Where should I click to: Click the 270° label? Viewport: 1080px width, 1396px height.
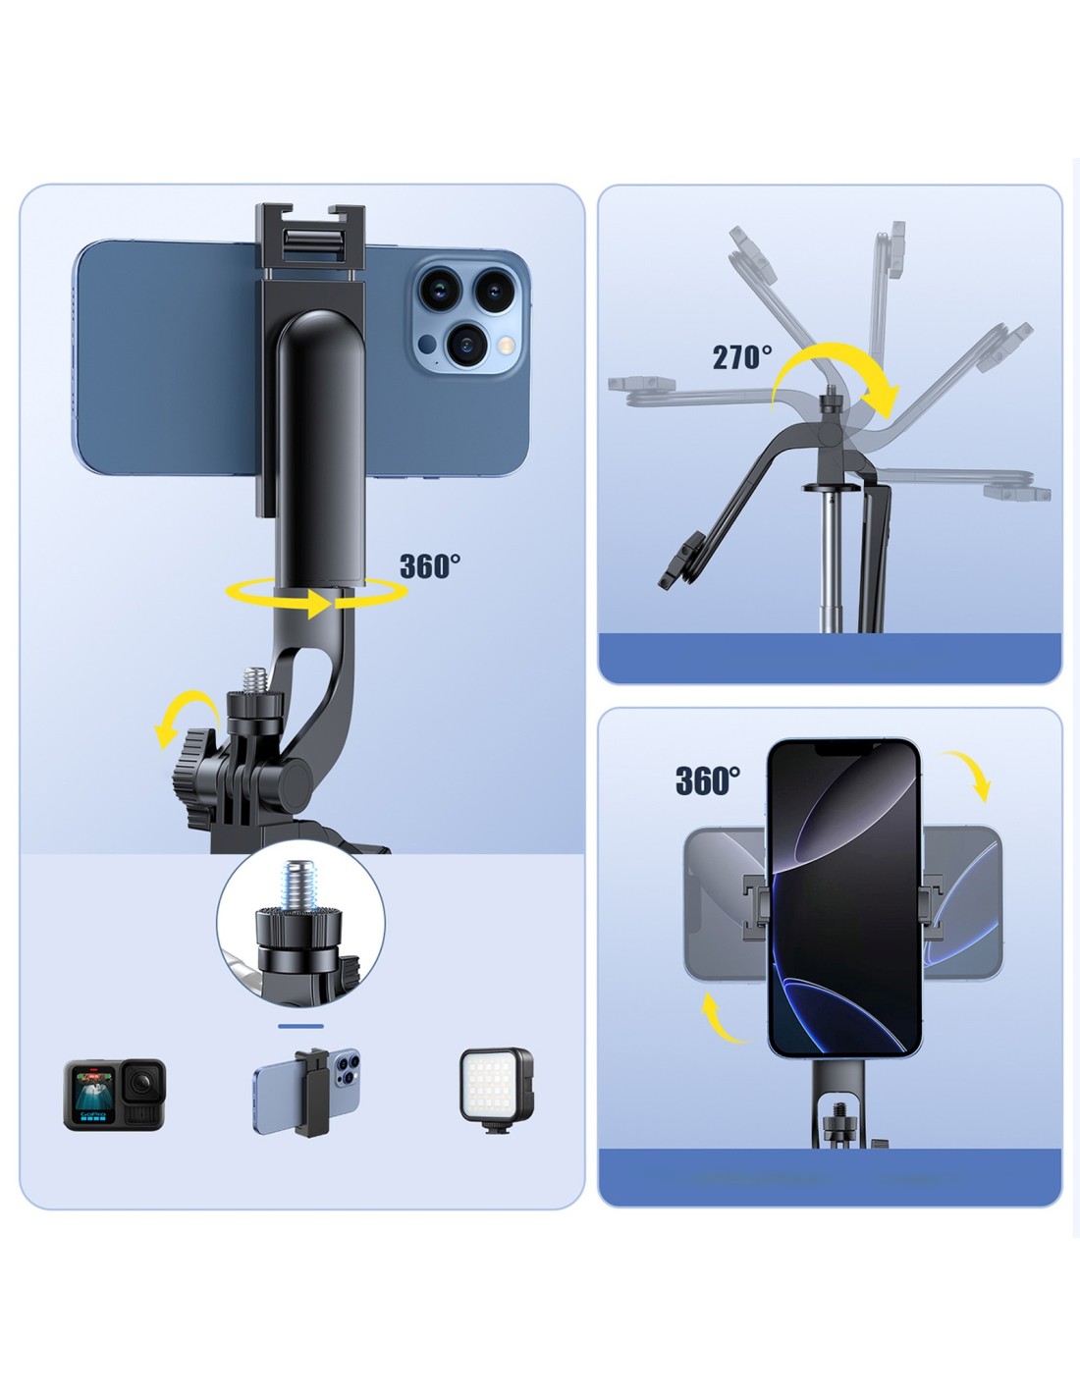click(742, 356)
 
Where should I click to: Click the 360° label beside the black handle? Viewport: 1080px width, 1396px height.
click(430, 566)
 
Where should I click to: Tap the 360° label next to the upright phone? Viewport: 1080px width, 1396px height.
click(708, 780)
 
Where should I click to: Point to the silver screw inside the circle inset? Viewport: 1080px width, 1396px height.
click(298, 886)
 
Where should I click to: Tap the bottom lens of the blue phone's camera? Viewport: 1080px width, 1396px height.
click(465, 343)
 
